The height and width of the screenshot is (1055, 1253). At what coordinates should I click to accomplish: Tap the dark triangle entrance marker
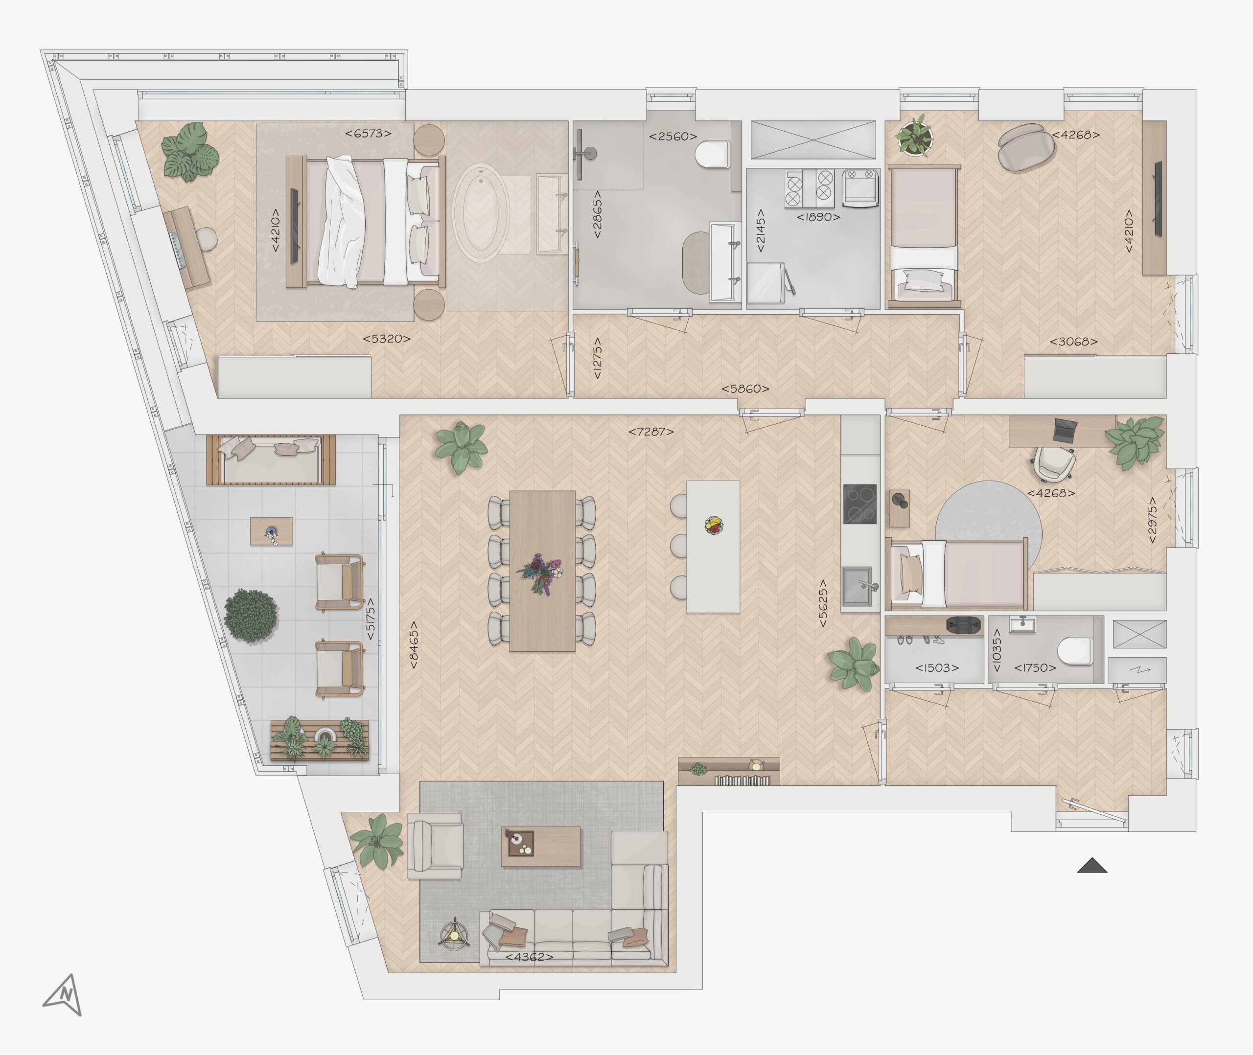point(1092,866)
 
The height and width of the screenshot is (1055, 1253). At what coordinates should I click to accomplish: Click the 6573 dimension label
point(368,134)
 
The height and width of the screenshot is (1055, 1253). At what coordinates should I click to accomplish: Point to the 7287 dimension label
point(650,431)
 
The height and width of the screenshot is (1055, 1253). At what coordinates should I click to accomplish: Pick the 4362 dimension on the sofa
point(529,957)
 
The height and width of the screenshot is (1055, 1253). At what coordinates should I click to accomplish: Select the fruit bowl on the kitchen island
point(714,525)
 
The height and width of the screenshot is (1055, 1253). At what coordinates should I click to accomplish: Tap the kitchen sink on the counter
point(857,586)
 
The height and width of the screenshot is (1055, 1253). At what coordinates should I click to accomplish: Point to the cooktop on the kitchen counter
point(860,504)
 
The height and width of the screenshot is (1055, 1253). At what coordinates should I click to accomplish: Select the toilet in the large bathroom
point(713,154)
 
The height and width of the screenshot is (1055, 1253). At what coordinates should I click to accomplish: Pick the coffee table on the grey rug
point(541,846)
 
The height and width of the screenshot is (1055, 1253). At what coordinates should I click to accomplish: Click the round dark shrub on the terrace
point(251,616)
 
